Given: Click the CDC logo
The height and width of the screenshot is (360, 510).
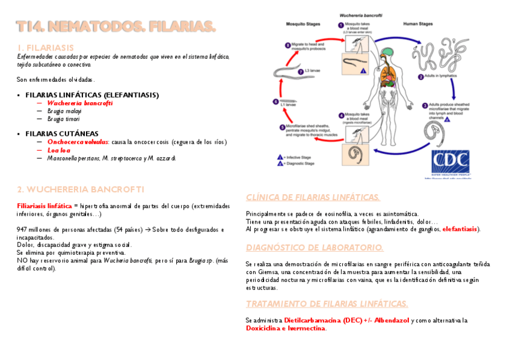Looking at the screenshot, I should click(x=452, y=162).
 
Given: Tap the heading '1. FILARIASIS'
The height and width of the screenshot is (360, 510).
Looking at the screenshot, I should click(x=46, y=47).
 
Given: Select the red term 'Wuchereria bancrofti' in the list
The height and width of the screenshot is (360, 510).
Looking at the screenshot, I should click(x=79, y=103).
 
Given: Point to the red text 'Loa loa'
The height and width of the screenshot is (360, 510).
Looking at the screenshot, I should click(x=59, y=150).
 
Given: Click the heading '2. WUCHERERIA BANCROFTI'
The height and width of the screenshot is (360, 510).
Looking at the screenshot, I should click(x=81, y=189).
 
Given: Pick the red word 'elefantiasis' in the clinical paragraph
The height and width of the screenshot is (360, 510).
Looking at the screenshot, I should click(x=461, y=229).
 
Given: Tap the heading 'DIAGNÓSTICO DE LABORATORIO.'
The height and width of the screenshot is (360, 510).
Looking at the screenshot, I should click(x=315, y=248).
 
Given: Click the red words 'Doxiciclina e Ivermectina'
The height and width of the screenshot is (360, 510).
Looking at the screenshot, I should click(x=285, y=328).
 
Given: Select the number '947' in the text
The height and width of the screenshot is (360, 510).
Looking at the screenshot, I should click(x=23, y=229).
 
